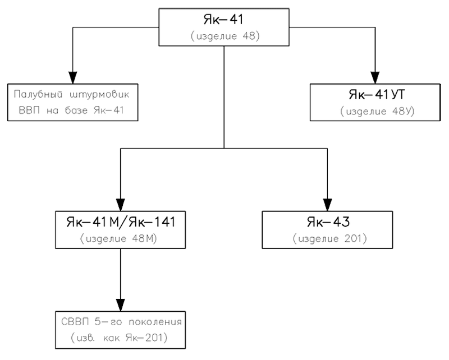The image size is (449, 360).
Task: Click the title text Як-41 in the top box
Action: pos(223,20)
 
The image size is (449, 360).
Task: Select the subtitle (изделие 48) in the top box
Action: pos(225,36)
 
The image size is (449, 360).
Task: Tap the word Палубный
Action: pos(38,95)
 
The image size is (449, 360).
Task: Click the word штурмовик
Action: pos(100,95)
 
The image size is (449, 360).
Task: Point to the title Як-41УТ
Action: pos(377,94)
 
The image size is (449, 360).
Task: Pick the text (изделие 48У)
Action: pos(377,111)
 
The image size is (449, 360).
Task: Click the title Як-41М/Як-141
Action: pos(121,222)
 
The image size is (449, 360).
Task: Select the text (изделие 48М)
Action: pos(118,238)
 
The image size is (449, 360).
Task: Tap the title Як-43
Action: pos(328,222)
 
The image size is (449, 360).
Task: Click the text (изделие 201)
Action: pos(329,238)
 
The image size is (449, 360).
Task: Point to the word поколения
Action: pos(155,322)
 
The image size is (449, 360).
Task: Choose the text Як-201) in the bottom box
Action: pos(146,338)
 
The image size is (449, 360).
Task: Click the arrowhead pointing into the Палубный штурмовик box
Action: pos(73,77)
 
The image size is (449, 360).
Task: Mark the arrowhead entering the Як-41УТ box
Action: pos(375,77)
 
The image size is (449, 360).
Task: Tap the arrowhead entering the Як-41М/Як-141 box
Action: pos(121,205)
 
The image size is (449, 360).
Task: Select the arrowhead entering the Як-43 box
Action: pos(327,205)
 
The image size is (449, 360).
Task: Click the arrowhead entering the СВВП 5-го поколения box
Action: pos(121,305)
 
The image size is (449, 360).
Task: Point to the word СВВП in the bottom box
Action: pos(75,322)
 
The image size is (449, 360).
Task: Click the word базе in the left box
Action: pos(76,110)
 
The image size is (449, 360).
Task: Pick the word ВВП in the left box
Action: pos(29,110)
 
